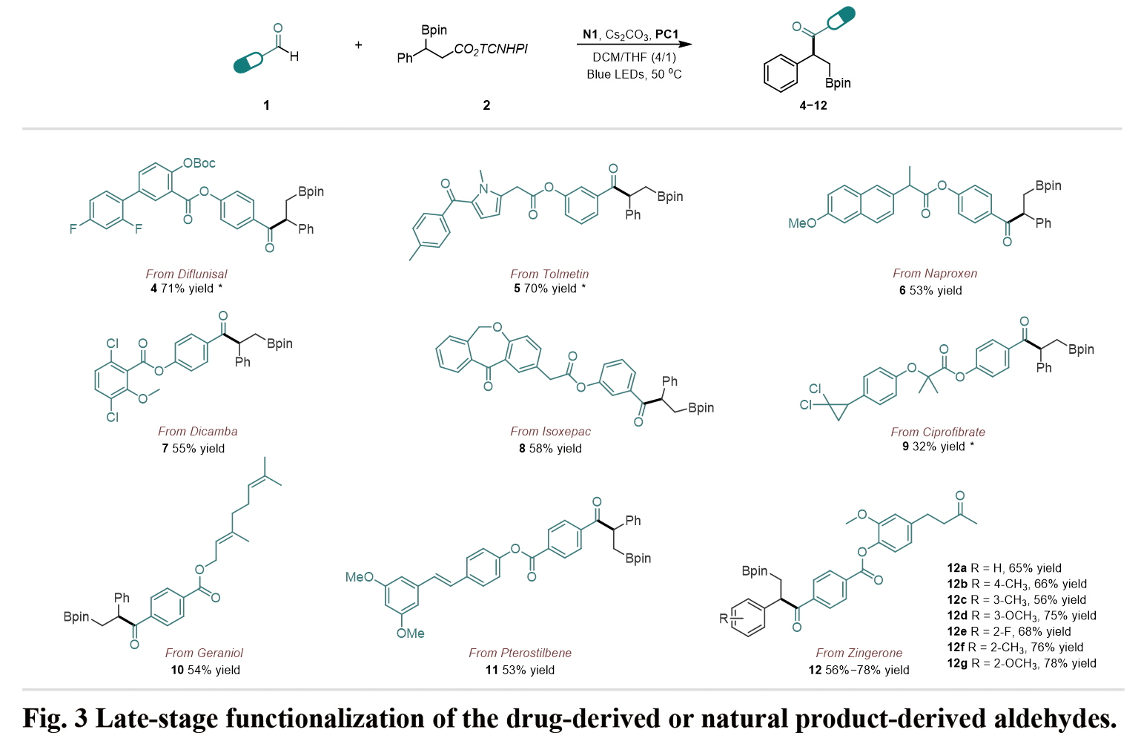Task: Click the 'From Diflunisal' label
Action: pyautogui.click(x=186, y=274)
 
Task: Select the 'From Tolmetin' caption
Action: pyautogui.click(x=549, y=274)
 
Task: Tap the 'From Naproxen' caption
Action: pyautogui.click(x=935, y=273)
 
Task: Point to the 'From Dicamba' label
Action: pyautogui.click(x=197, y=431)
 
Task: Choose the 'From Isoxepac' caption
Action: pyautogui.click(x=550, y=431)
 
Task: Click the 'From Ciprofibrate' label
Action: pyautogui.click(x=938, y=432)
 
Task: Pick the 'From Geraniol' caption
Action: pyautogui.click(x=204, y=653)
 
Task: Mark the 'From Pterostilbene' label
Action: pyautogui.click(x=520, y=653)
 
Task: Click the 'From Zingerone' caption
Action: pyautogui.click(x=859, y=653)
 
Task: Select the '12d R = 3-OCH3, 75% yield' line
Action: pyautogui.click(x=1021, y=616)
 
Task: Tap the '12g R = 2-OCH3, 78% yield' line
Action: pyautogui.click(x=1021, y=663)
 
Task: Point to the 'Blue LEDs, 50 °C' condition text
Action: pyautogui.click(x=634, y=74)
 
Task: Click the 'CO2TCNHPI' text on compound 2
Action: pyautogui.click(x=490, y=49)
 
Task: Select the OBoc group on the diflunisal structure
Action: pyautogui.click(x=199, y=163)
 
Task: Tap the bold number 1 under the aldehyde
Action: pyautogui.click(x=266, y=105)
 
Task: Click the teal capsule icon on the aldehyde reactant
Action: pyautogui.click(x=248, y=63)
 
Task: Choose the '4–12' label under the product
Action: pyautogui.click(x=813, y=105)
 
